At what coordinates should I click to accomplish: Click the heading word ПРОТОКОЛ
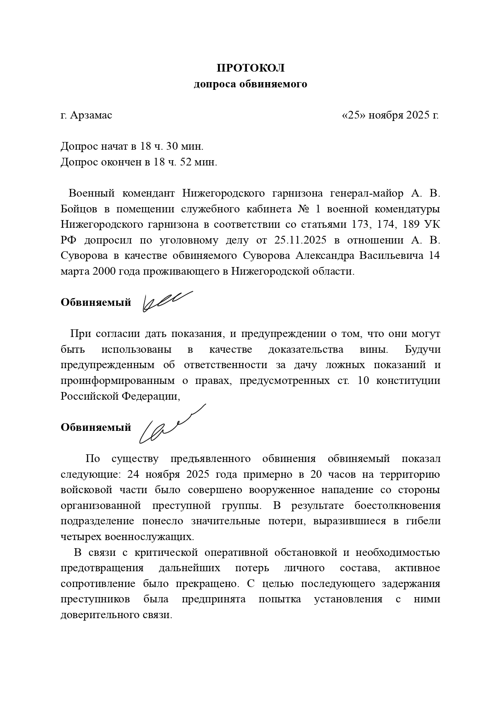point(251,68)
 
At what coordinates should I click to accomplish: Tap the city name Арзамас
point(91,115)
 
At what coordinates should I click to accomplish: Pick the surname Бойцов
point(78,209)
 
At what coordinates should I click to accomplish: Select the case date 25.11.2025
point(300,240)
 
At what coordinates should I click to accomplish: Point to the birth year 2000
point(104,271)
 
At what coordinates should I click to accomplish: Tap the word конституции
point(408,381)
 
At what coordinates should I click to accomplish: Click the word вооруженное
point(282,490)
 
